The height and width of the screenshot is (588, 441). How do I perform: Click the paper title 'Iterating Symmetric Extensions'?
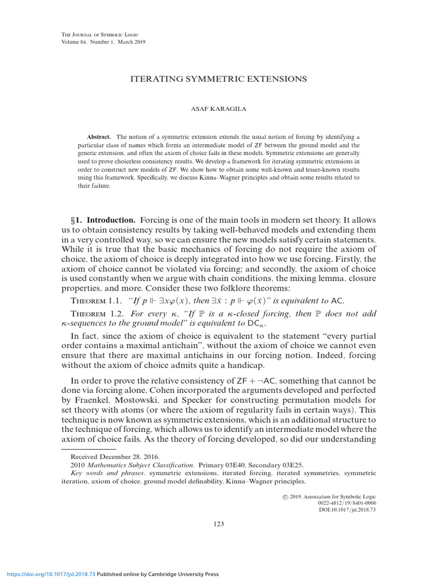pos(220,79)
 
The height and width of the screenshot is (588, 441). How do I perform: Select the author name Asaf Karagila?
pos(220,109)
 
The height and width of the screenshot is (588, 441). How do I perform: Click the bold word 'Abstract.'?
pos(100,137)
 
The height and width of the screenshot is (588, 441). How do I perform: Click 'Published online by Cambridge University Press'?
pos(157,574)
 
